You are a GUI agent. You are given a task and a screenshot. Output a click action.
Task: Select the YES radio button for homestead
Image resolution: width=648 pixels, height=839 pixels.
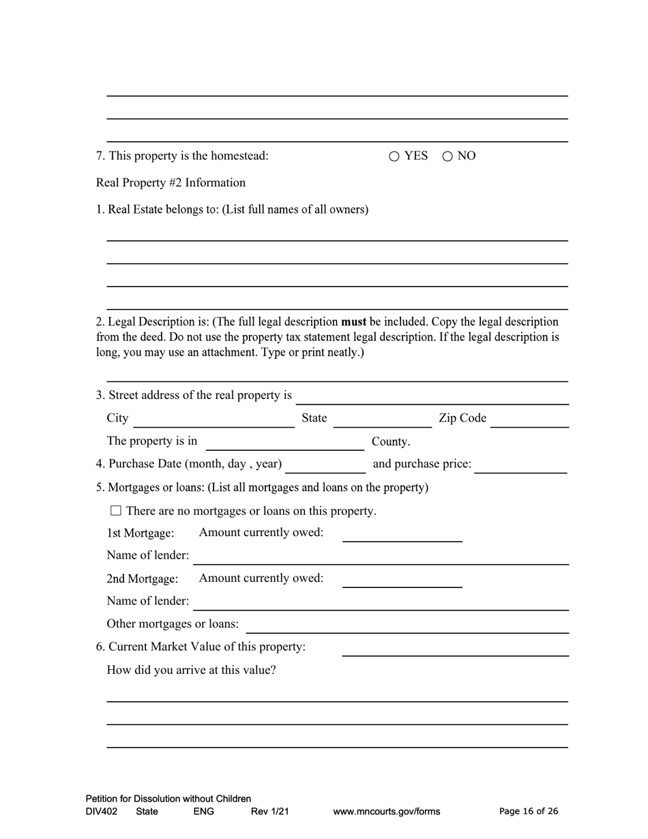(x=394, y=156)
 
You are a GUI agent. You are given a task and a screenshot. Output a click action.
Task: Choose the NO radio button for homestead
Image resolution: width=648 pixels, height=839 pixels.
(x=447, y=156)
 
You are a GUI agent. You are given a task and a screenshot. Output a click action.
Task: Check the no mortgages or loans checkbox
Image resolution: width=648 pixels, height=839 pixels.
(x=115, y=510)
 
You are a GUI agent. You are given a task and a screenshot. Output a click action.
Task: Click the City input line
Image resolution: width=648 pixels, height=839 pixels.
(x=213, y=420)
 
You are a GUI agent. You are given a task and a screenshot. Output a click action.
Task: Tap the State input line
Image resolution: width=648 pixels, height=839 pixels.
(x=382, y=420)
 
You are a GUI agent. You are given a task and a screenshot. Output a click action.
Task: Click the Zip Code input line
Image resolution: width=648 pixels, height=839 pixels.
(x=529, y=420)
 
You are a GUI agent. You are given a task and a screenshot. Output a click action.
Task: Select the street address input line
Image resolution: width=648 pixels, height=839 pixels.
(x=432, y=397)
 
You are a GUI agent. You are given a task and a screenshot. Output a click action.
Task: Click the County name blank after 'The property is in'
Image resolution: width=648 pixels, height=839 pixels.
(x=284, y=443)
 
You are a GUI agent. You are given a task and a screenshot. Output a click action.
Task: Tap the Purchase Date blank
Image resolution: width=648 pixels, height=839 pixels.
(x=325, y=466)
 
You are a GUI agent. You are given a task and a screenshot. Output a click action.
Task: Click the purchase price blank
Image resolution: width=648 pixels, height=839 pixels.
(x=520, y=466)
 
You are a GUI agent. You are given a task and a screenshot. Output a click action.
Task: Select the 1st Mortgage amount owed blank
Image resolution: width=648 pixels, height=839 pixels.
(x=402, y=535)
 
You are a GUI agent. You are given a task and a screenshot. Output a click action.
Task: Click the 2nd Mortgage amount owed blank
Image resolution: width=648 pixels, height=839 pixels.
(x=402, y=580)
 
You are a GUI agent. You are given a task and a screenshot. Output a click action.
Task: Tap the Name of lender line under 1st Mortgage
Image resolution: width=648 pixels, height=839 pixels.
(x=381, y=557)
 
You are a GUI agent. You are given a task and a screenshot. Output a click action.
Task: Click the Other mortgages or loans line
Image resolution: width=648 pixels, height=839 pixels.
(x=407, y=626)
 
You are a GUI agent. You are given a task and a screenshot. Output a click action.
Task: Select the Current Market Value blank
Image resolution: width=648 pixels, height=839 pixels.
(x=455, y=649)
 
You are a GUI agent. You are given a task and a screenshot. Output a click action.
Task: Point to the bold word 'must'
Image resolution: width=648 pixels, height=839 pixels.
(x=353, y=321)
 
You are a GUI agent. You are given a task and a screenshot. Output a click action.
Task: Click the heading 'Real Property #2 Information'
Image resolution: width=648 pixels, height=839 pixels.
(x=171, y=183)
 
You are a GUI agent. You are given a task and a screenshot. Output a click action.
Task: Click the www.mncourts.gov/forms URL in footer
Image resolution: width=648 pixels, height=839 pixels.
(x=386, y=812)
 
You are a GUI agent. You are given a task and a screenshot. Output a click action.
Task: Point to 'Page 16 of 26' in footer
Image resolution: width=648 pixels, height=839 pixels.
(x=529, y=811)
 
